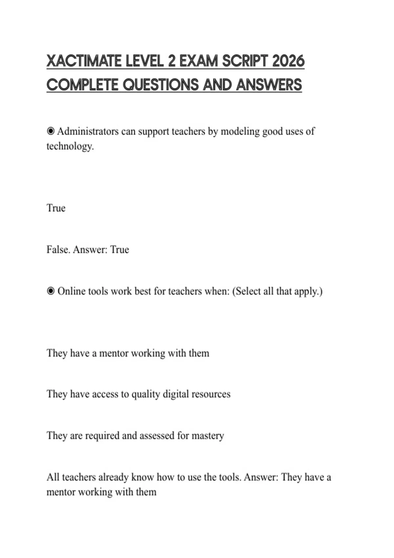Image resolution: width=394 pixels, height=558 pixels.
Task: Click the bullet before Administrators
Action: (x=51, y=131)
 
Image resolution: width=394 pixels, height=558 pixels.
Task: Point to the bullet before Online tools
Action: (x=51, y=291)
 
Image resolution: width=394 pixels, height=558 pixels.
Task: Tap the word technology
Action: (x=70, y=146)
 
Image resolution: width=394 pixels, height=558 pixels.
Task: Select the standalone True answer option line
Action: (x=56, y=208)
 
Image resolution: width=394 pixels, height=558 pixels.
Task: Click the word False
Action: (x=58, y=249)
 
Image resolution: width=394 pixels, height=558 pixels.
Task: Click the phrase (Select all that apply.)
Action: (x=277, y=291)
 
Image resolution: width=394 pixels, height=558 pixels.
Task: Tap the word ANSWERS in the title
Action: (x=269, y=85)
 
